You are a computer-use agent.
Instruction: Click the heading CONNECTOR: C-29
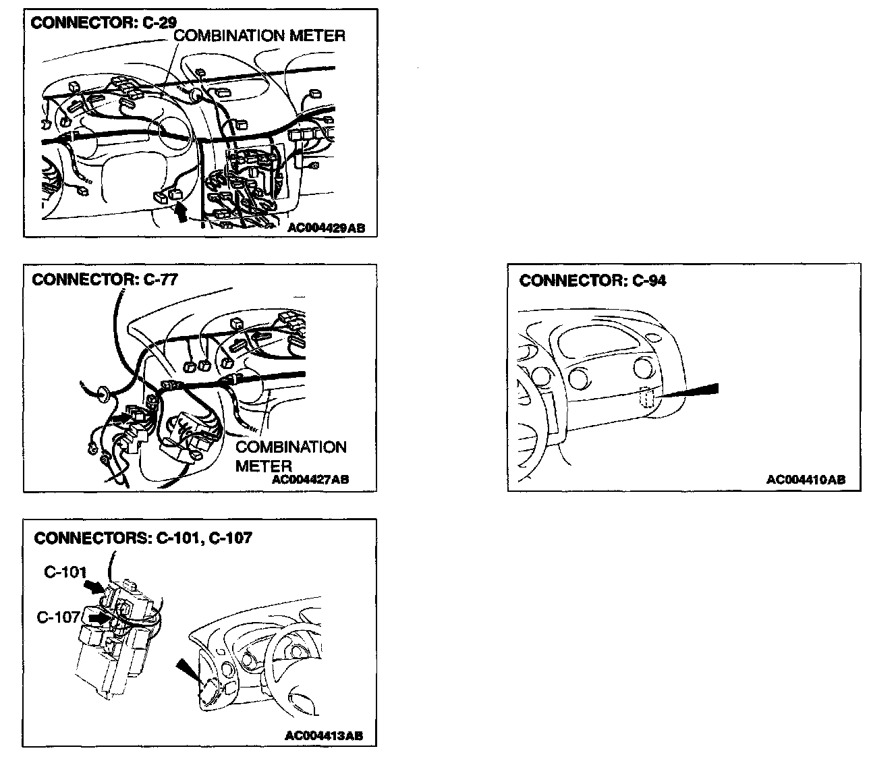pyautogui.click(x=104, y=22)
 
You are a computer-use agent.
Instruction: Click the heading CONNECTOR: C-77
pyautogui.click(x=104, y=279)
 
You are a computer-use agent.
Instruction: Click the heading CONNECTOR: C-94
pyautogui.click(x=592, y=281)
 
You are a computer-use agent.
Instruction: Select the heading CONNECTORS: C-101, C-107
pyautogui.click(x=143, y=538)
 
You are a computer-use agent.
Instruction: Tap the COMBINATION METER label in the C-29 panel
pyautogui.click(x=260, y=36)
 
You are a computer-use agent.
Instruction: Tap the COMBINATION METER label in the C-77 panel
pyautogui.click(x=290, y=456)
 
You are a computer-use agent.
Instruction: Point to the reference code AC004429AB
pyautogui.click(x=326, y=228)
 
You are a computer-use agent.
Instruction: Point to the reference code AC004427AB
pyautogui.click(x=310, y=480)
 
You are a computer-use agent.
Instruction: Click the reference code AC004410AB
pyautogui.click(x=806, y=480)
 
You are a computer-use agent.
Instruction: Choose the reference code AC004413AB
pyautogui.click(x=324, y=735)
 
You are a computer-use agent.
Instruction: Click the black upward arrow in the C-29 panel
pyautogui.click(x=179, y=213)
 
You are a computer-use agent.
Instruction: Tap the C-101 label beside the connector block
pyautogui.click(x=65, y=573)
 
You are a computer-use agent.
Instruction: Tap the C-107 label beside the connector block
pyautogui.click(x=59, y=617)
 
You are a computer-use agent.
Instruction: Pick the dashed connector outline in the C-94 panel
pyautogui.click(x=646, y=399)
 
